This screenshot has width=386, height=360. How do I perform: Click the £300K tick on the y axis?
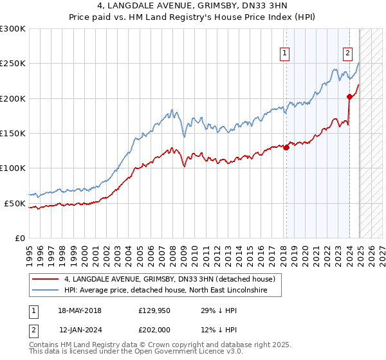13,29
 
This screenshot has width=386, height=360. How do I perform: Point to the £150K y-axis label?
13,134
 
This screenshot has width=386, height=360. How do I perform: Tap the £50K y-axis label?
15,203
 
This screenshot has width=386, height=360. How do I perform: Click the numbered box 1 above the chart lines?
284,54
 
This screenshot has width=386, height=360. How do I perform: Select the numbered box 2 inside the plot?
347,54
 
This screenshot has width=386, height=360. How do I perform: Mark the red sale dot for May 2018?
286,147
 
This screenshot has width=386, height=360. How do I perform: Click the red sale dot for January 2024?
349,97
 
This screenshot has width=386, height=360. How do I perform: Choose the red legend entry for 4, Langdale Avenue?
170,279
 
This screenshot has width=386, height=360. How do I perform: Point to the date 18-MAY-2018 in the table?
79,310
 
